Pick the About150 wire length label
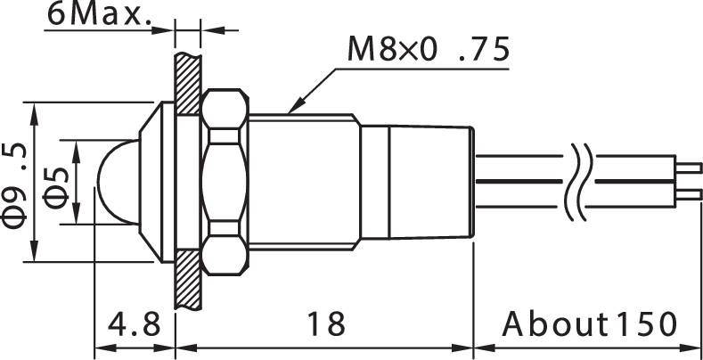(x=589, y=323)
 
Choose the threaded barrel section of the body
(x=303, y=183)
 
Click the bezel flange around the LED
(x=159, y=183)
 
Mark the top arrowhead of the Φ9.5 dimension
(x=34, y=111)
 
